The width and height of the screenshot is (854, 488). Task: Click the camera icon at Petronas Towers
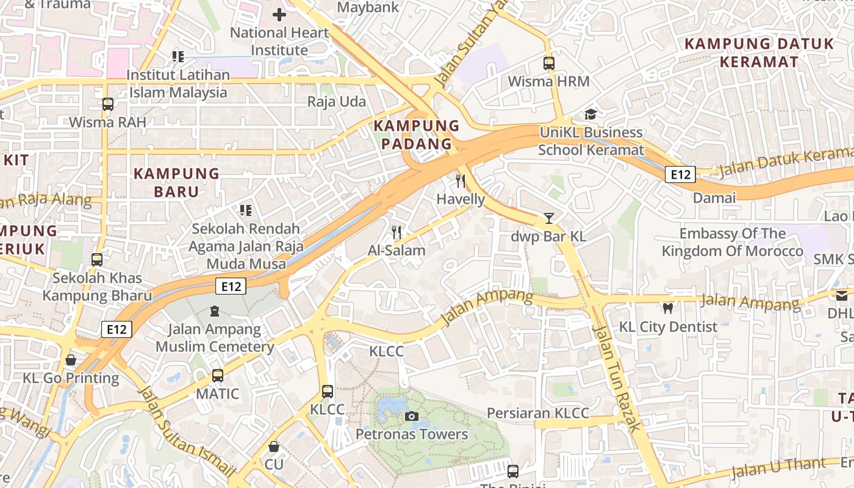[x=412, y=417]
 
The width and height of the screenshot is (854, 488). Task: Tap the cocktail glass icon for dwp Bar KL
[x=549, y=218]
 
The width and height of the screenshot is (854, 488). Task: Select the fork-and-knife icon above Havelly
[x=461, y=181]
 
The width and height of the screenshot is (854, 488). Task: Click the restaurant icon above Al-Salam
[x=396, y=232]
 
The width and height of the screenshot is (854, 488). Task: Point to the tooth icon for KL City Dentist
[x=668, y=309]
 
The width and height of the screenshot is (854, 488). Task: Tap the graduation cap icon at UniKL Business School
[x=590, y=114]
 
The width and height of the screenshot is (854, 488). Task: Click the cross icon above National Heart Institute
[x=279, y=15]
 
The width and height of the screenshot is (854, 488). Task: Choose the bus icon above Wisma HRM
[x=549, y=63]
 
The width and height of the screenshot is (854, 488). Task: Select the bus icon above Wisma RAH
[x=108, y=104]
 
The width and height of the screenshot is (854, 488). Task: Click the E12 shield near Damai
[x=680, y=175]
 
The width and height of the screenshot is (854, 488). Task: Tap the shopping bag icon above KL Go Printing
[x=71, y=360]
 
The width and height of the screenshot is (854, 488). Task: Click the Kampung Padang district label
[x=417, y=135]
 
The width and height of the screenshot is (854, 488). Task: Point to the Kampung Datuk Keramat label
[x=759, y=52]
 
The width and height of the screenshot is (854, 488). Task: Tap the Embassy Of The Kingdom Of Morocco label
[x=733, y=242]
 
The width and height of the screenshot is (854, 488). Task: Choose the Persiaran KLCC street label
[x=538, y=413]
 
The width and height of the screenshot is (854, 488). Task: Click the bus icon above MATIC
[x=218, y=376]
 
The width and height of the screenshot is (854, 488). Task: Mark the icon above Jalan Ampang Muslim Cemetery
[x=215, y=311]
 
